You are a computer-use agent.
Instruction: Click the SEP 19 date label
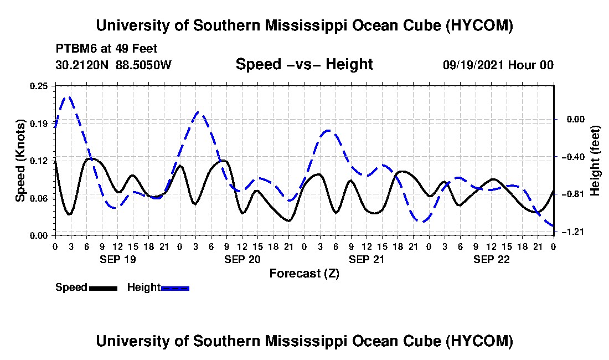click(x=118, y=259)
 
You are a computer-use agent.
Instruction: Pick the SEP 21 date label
click(x=367, y=259)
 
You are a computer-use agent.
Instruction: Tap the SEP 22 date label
click(x=491, y=259)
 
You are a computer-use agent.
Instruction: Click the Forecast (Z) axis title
click(x=304, y=274)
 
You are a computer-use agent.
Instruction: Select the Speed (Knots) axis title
click(x=20, y=161)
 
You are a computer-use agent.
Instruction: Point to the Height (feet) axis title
click(x=595, y=161)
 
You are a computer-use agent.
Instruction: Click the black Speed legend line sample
click(x=103, y=288)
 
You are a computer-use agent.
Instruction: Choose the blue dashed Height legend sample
click(x=175, y=288)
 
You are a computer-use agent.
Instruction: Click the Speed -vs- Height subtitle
click(x=304, y=64)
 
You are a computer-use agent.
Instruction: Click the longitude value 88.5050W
click(x=143, y=65)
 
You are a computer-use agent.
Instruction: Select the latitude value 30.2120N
click(x=82, y=65)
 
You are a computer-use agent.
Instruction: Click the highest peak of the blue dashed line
click(x=70, y=97)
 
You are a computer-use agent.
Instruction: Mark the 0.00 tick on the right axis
click(x=576, y=119)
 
